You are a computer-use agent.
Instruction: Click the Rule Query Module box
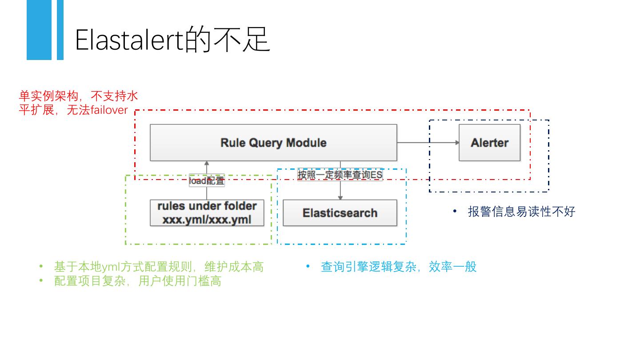pos(273,143)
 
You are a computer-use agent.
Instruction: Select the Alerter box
pos(489,143)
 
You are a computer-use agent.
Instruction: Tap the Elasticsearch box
pos(340,213)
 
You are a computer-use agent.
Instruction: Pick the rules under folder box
pos(207,213)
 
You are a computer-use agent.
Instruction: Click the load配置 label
pos(207,180)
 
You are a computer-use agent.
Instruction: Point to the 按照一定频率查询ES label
pos(340,175)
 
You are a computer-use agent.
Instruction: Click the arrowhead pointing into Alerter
pos(457,143)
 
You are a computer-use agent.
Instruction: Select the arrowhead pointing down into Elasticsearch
pos(340,197)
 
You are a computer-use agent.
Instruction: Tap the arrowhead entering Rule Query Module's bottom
pos(207,164)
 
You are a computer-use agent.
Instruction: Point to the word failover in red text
pos(109,110)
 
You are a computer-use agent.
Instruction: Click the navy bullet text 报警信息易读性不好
pos(521,212)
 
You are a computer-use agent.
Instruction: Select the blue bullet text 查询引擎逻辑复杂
pos(368,267)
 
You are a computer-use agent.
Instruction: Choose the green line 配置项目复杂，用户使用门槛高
pos(138,281)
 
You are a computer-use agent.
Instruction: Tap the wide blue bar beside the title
pos(39,30)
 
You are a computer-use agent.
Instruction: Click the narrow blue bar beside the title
pos(60,30)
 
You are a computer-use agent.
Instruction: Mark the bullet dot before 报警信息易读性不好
pos(455,211)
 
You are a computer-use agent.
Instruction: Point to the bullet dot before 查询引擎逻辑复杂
pos(308,266)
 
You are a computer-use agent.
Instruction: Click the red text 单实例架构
pos(48,96)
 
